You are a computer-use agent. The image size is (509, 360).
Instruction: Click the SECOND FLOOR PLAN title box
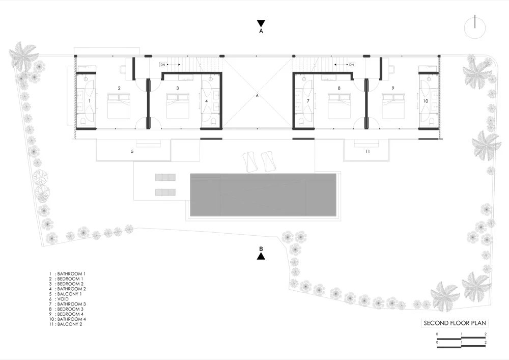coord(455,323)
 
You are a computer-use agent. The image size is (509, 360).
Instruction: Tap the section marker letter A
coord(261,31)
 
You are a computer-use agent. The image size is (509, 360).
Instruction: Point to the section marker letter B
coord(261,249)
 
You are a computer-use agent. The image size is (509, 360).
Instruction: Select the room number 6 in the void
coord(257,96)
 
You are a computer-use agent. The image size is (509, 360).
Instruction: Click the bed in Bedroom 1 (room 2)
coord(119,106)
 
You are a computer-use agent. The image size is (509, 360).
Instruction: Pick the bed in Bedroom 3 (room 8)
coord(339,106)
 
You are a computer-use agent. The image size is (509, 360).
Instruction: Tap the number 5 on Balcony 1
coord(132,151)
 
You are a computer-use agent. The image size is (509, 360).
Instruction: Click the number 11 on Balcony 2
coord(367,151)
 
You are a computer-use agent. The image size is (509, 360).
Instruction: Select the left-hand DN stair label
coord(163,65)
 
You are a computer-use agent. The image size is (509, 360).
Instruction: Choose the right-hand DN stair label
coord(351,65)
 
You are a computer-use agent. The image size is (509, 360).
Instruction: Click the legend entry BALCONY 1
coord(69,294)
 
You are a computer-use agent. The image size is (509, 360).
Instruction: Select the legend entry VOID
coord(63,299)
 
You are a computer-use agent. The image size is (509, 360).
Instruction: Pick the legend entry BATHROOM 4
coord(71,319)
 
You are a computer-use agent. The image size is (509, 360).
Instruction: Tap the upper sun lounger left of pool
coord(165,177)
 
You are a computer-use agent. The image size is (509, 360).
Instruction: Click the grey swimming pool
coord(263,195)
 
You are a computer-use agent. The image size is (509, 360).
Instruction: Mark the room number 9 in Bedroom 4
coord(393,88)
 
